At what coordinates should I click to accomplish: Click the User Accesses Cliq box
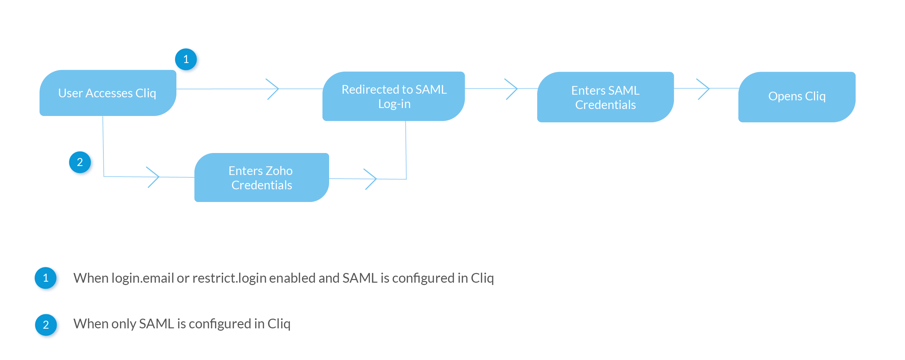(108, 93)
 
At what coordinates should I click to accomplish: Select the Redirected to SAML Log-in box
(393, 96)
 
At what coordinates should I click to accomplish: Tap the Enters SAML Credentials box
(605, 97)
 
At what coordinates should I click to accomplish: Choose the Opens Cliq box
(797, 97)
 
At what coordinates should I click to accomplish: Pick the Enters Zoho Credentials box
(261, 177)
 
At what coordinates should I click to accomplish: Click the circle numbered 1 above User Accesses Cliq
(186, 59)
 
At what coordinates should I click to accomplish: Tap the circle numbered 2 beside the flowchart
(80, 162)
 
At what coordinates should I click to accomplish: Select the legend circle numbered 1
(45, 278)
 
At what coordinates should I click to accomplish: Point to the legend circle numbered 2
(46, 325)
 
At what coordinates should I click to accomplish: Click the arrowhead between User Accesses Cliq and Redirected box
(273, 89)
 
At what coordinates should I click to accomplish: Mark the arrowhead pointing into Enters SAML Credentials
(512, 89)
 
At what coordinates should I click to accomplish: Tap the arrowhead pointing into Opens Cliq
(703, 89)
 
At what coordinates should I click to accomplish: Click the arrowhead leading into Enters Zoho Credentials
(153, 177)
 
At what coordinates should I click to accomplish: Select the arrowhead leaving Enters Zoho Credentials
(371, 179)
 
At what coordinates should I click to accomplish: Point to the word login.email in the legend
(143, 278)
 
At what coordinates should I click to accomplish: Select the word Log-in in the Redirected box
(394, 104)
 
